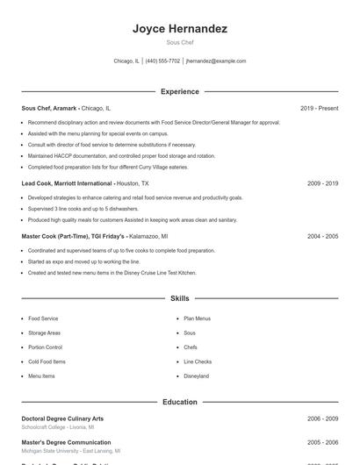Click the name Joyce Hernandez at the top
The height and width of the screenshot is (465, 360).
[x=179, y=29]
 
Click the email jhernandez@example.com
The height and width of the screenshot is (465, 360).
[x=216, y=61]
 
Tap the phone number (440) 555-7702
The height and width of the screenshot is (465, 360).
[x=162, y=61]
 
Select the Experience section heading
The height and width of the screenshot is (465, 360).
[x=179, y=91]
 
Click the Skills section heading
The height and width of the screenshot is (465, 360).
[x=179, y=299]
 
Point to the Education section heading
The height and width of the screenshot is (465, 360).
[x=179, y=402]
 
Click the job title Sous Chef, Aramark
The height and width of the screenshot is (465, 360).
[x=50, y=108]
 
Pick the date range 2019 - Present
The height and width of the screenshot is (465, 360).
[x=319, y=108]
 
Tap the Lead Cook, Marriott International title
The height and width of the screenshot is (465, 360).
[x=68, y=183]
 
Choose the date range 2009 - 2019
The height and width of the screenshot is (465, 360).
[x=322, y=183]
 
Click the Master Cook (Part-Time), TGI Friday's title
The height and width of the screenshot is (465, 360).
[x=74, y=236]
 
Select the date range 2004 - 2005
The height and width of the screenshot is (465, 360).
[x=322, y=236]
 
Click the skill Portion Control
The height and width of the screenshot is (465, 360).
[x=45, y=347]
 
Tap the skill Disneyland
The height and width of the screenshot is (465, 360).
[x=197, y=376]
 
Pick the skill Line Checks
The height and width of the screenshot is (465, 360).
[x=198, y=361]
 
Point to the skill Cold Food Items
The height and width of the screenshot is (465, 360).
[x=47, y=361]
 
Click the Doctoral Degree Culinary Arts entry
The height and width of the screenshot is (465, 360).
[x=62, y=419]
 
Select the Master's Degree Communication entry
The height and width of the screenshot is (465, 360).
[x=66, y=443]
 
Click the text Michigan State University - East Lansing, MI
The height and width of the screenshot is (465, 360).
[x=71, y=451]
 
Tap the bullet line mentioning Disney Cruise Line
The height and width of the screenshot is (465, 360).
[x=112, y=273]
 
